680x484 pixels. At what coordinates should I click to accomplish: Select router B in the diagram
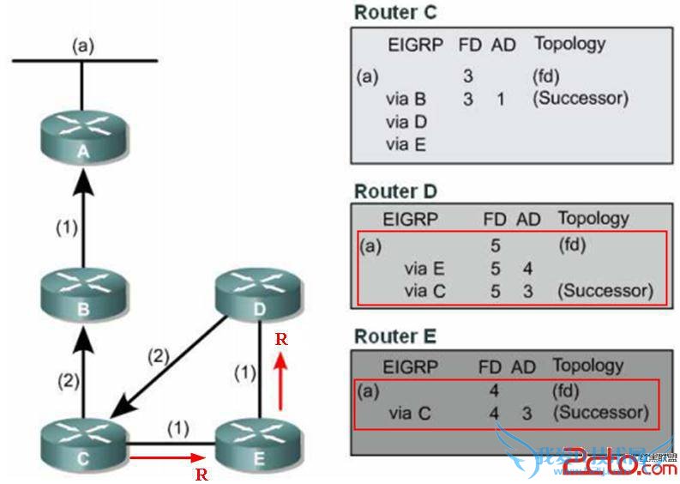tap(82, 296)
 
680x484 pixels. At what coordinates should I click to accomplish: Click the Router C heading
tap(394, 11)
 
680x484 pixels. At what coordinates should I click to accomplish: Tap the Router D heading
tap(394, 191)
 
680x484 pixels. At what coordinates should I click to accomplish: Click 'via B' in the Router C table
tap(406, 99)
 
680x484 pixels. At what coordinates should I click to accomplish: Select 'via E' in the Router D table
tap(424, 269)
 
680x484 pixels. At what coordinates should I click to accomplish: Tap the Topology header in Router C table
tap(569, 43)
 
